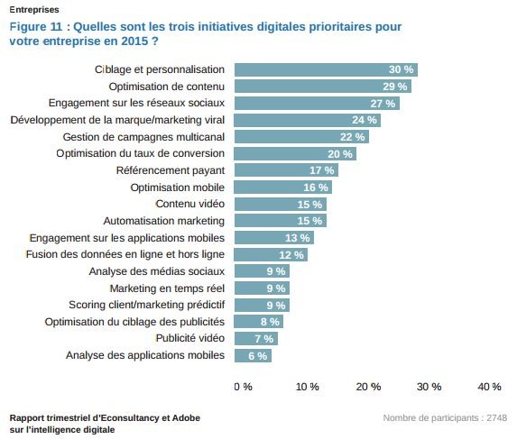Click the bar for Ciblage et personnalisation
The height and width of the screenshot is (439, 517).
(x=325, y=69)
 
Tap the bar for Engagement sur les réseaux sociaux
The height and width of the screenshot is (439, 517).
(x=316, y=104)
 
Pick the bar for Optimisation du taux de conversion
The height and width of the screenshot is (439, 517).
(x=295, y=153)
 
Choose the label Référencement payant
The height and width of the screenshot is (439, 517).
(x=171, y=170)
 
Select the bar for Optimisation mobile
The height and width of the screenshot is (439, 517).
(x=282, y=187)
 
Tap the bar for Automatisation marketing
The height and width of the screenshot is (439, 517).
(x=280, y=221)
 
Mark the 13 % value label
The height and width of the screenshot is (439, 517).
(x=297, y=238)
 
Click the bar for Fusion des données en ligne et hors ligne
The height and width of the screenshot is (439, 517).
(x=271, y=254)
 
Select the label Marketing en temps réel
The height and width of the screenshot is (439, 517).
(x=167, y=288)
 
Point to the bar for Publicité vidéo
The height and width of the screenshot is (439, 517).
(x=255, y=339)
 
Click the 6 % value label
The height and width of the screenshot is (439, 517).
(x=257, y=356)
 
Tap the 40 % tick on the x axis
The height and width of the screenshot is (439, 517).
(x=489, y=387)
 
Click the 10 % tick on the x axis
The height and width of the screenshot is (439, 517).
(x=308, y=387)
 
